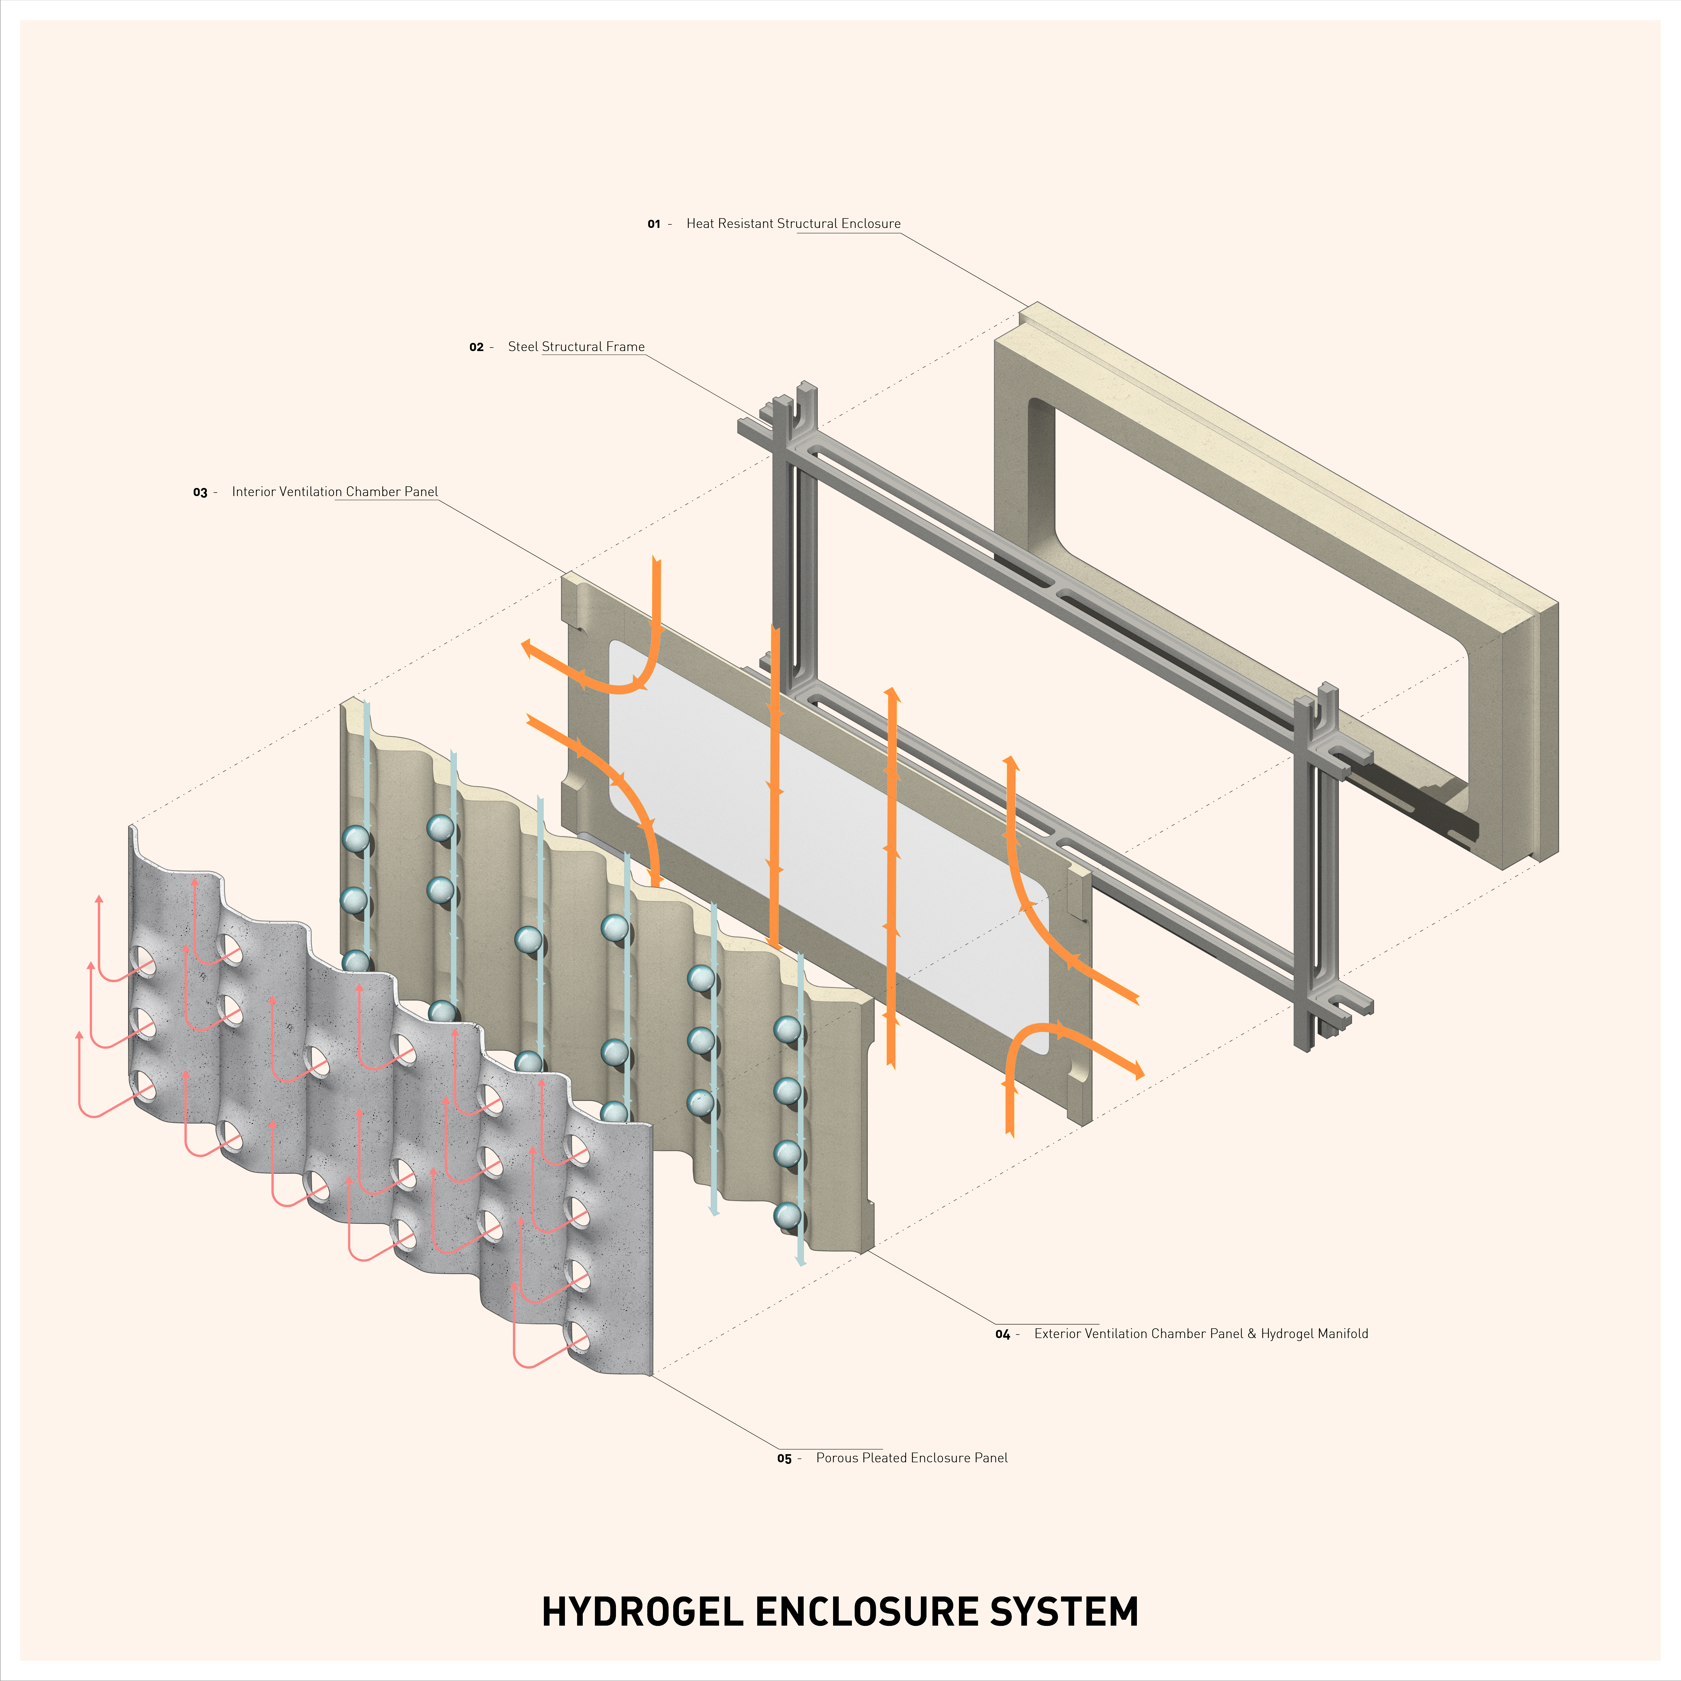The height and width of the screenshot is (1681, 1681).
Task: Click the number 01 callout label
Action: pyautogui.click(x=653, y=224)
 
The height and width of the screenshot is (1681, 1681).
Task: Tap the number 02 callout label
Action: pyautogui.click(x=476, y=347)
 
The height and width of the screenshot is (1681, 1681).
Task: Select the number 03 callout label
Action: pyautogui.click(x=200, y=493)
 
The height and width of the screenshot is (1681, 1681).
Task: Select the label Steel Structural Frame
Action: pyautogui.click(x=576, y=346)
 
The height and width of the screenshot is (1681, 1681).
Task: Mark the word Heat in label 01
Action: pyautogui.click(x=700, y=224)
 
